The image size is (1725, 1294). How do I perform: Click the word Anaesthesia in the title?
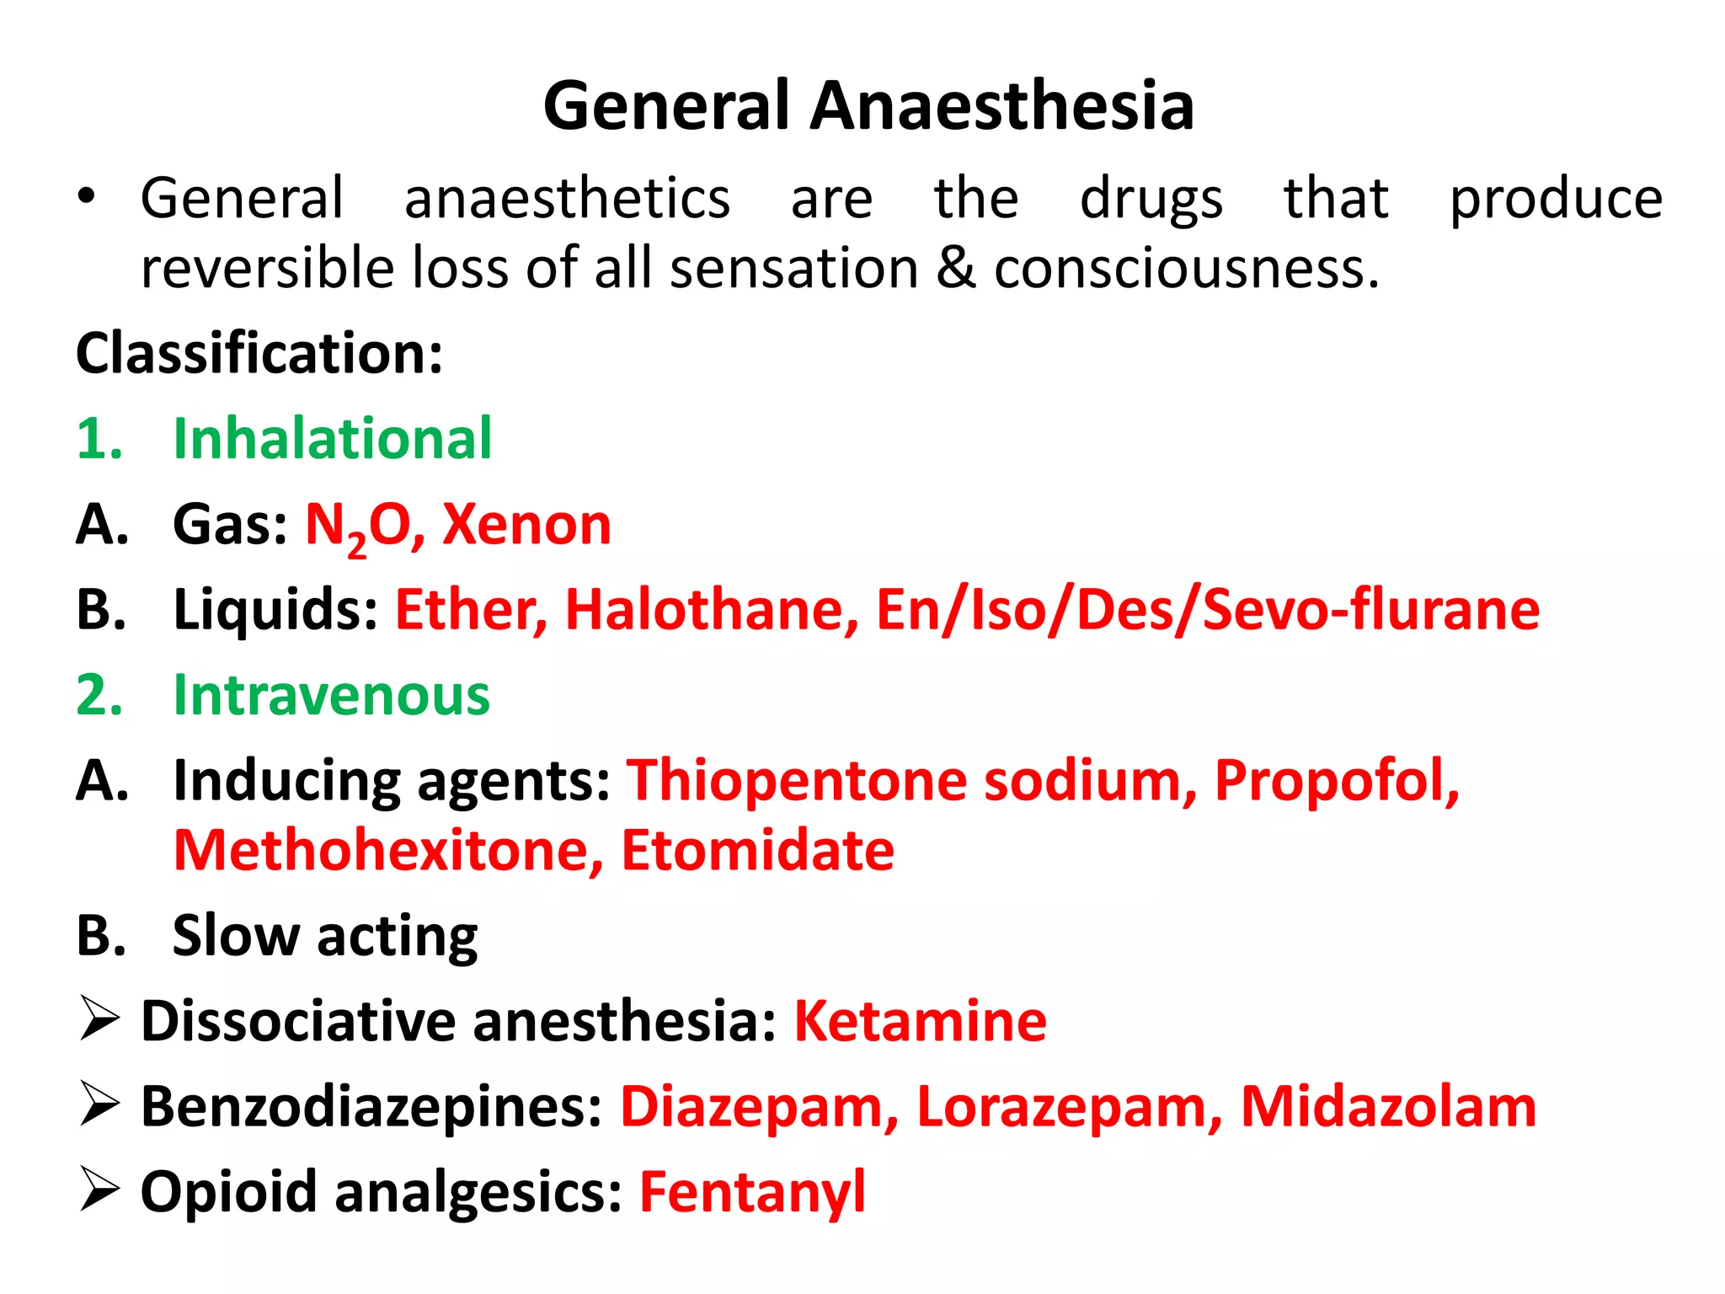[1001, 106]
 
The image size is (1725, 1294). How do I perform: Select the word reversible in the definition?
[267, 269]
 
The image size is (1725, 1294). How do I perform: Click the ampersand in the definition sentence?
[955, 269]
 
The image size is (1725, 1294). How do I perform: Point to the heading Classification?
[259, 353]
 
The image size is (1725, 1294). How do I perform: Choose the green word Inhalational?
[332, 439]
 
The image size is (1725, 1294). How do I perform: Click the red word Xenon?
[526, 525]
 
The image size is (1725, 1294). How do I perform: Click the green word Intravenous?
[331, 696]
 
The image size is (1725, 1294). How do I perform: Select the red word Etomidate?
[757, 851]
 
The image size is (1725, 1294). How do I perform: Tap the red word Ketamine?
[920, 1022]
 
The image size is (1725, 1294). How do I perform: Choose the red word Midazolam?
[1388, 1107]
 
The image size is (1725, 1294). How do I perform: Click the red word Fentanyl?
[752, 1193]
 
